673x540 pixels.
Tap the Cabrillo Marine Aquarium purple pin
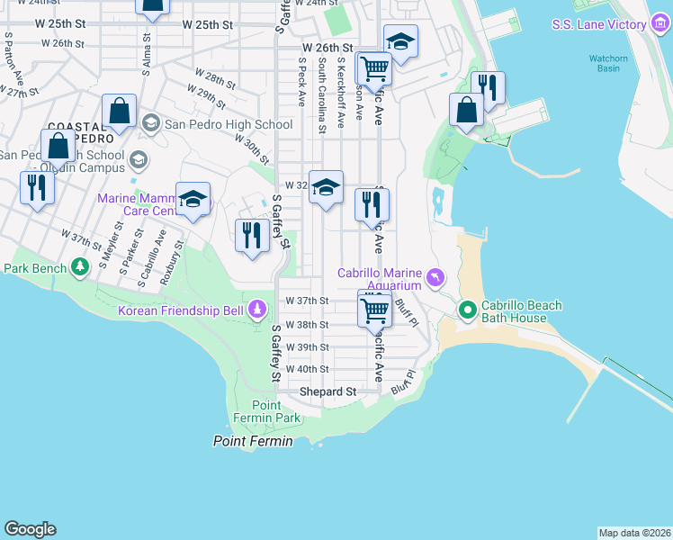(x=436, y=276)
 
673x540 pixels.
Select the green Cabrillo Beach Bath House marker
(x=467, y=311)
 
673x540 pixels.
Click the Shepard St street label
(x=328, y=391)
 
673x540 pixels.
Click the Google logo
(x=30, y=529)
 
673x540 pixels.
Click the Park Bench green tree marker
(x=80, y=266)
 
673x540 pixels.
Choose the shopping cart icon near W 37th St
(x=374, y=310)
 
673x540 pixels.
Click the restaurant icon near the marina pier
(x=487, y=87)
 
